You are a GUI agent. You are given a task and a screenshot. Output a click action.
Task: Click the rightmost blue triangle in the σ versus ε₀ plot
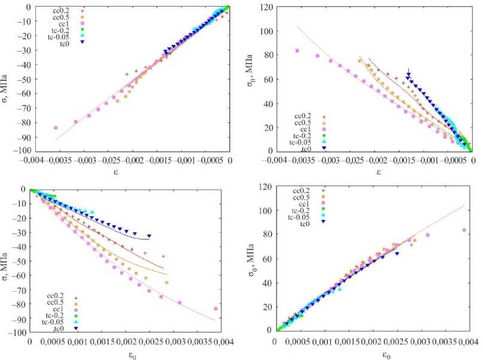point(149,236)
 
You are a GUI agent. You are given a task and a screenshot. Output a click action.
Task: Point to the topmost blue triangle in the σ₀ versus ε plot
point(408,74)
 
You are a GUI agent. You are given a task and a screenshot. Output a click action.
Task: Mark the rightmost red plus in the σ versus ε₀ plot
point(163,256)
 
